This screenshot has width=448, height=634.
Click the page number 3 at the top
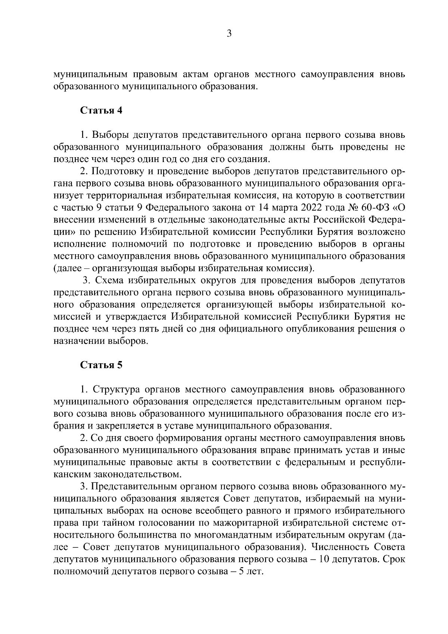(x=229, y=34)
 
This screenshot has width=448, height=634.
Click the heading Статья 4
(x=102, y=111)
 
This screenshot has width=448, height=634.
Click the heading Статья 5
(x=102, y=365)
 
